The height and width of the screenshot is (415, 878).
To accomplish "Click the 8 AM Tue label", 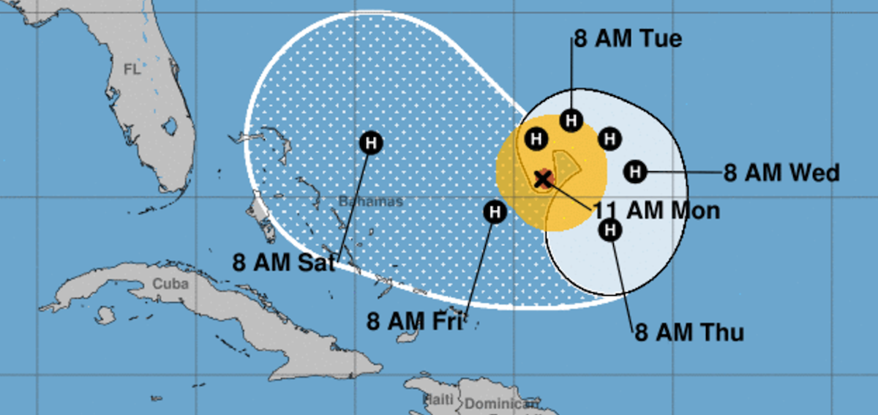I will click(x=627, y=38).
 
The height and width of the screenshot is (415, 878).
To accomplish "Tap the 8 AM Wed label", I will click(x=781, y=173).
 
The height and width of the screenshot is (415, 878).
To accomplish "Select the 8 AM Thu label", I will click(x=689, y=333).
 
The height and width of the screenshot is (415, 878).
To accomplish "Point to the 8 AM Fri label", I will click(x=415, y=321).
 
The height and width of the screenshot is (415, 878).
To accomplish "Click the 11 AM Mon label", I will click(x=656, y=211).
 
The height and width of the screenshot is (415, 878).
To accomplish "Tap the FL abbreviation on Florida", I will click(x=132, y=70).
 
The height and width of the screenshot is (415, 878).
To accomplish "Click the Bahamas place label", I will click(x=371, y=201).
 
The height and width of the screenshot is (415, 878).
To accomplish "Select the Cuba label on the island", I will click(x=170, y=284).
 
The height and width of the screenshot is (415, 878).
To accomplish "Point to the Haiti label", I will click(x=438, y=400).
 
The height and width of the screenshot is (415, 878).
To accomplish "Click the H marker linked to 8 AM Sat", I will click(x=371, y=143).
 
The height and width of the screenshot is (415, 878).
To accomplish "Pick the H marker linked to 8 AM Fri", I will click(x=495, y=212).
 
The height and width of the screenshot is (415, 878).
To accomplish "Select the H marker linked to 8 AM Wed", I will click(x=636, y=172).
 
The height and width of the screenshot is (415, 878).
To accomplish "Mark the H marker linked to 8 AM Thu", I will click(x=610, y=231).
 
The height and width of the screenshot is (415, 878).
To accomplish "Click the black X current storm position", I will click(x=544, y=179).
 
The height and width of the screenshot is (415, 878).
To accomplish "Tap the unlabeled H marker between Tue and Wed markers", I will click(x=609, y=138).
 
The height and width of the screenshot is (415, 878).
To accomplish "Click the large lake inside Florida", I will click(x=170, y=127).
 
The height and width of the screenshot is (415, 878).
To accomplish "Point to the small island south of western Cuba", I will click(x=105, y=315).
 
